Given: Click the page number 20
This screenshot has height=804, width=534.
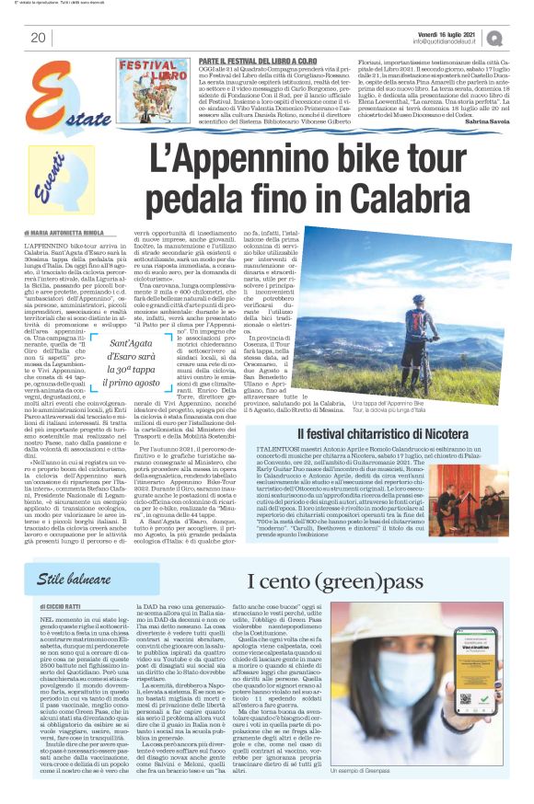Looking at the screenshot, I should (39, 37).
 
